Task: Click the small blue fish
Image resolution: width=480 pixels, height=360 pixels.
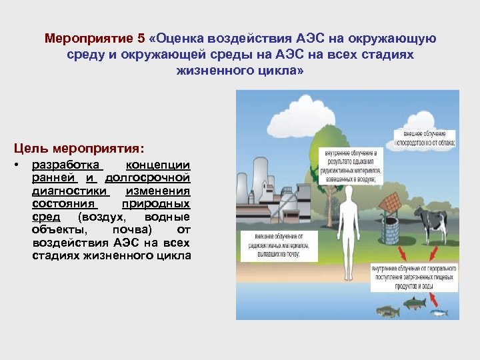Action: coord(438,311)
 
